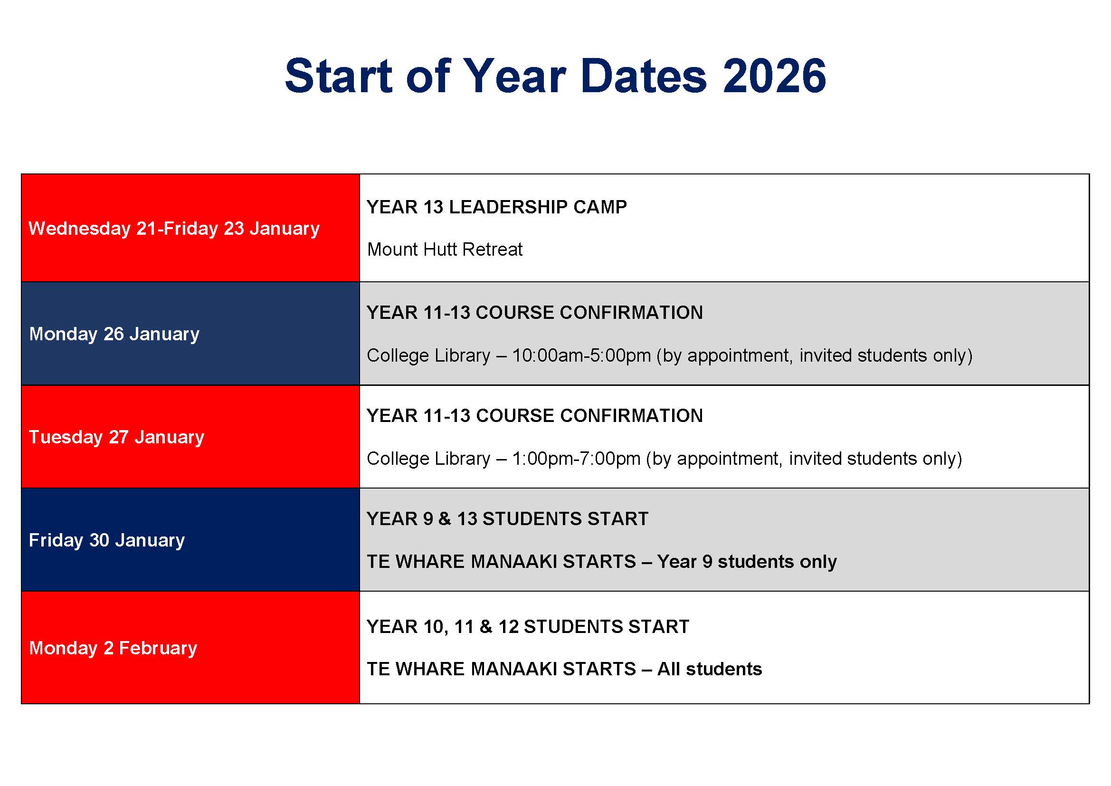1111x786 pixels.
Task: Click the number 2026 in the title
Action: click(774, 76)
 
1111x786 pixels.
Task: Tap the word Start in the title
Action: click(338, 76)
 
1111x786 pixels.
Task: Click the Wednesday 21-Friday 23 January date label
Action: click(174, 229)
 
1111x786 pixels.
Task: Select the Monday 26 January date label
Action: click(114, 334)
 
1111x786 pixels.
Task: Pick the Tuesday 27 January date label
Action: click(116, 437)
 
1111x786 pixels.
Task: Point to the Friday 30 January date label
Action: click(106, 540)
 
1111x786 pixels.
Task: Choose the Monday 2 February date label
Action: click(113, 648)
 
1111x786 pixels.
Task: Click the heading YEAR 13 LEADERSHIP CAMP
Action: click(496, 207)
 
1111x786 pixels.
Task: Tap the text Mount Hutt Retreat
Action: click(445, 250)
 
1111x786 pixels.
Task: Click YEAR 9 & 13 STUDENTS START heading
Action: click(507, 519)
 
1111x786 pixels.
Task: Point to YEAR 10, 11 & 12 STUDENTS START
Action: click(527, 627)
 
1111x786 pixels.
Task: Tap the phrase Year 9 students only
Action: click(747, 562)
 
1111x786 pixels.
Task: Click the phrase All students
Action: click(709, 670)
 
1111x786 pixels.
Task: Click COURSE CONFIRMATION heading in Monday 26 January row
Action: click(589, 313)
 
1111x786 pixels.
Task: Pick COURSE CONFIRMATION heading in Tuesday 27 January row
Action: click(589, 416)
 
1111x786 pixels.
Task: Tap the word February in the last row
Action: click(158, 648)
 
